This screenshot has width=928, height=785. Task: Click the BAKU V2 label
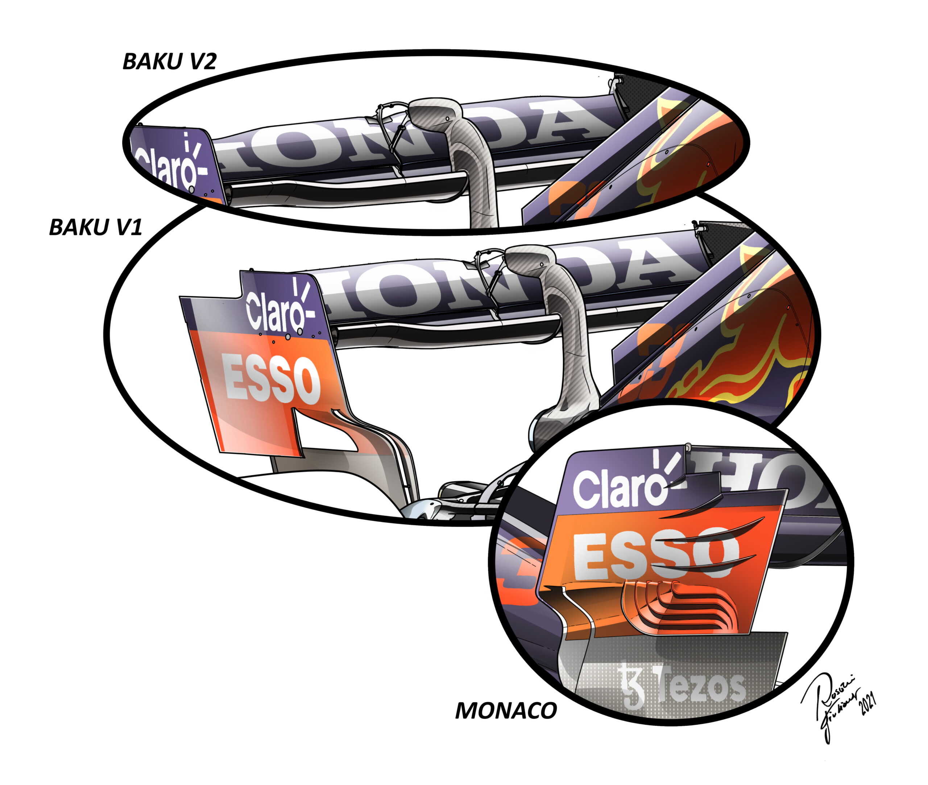(169, 61)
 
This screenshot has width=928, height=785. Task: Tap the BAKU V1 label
(95, 227)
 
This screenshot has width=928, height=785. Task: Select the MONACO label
(506, 711)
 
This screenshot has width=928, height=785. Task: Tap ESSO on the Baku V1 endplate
(272, 378)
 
